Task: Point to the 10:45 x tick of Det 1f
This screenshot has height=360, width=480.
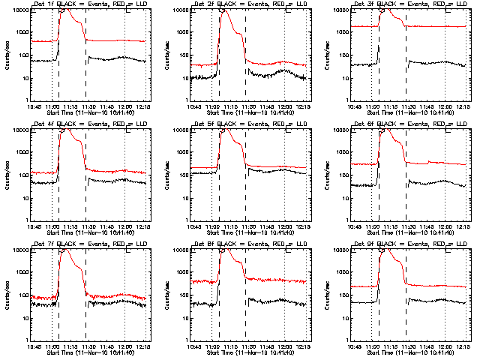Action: pyautogui.click(x=34, y=106)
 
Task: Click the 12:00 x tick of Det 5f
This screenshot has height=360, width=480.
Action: pyautogui.click(x=286, y=226)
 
